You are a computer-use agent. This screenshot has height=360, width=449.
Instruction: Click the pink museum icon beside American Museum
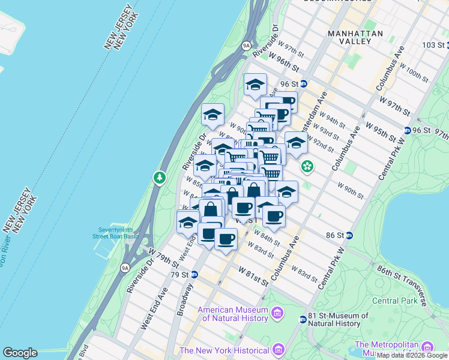pos(277,313)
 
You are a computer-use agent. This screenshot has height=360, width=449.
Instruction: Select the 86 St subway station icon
pos(349,235)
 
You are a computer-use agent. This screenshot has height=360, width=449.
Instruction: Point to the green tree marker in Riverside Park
pos(159,178)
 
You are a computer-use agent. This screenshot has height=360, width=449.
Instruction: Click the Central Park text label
pos(394,300)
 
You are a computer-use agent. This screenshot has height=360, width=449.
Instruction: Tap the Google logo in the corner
pos(20,353)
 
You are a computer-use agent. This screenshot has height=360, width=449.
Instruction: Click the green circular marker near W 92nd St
pos(307,166)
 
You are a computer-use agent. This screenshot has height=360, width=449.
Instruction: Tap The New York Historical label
pos(224,350)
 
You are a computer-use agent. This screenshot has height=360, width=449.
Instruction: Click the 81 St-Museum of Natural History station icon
pos(303,319)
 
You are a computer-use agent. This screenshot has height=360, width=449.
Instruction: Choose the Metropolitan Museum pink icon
pos(427,347)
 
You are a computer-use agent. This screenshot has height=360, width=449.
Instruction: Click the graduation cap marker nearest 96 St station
pos(255,85)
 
